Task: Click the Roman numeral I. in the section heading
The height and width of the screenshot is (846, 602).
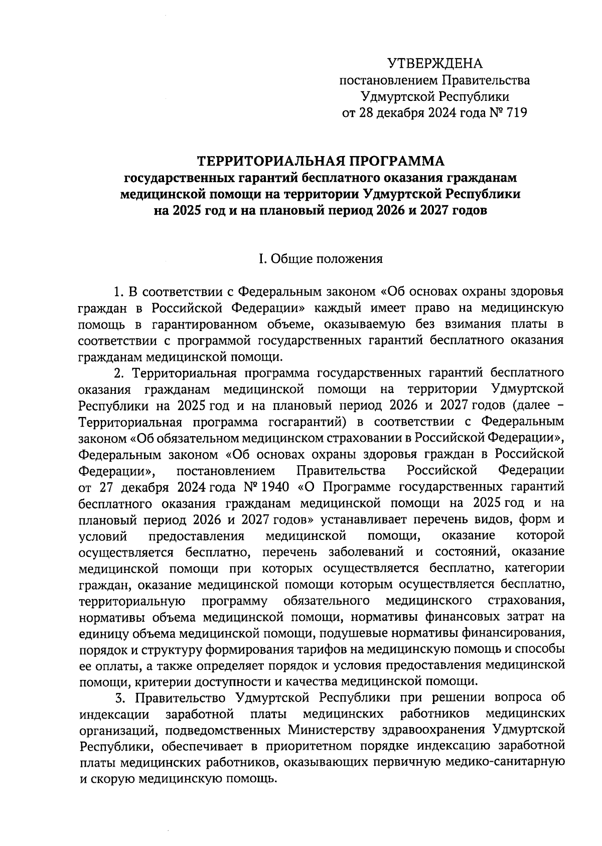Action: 260,259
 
